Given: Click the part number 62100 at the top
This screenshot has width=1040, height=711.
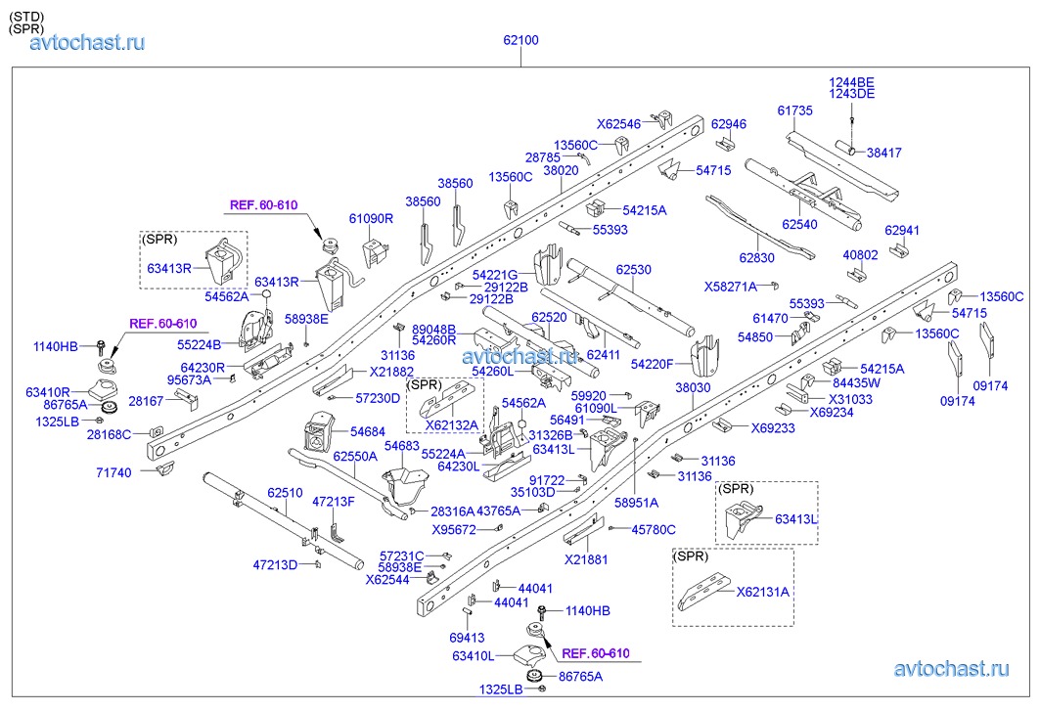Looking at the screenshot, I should (x=520, y=41).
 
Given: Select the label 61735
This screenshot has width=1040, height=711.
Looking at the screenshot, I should (x=795, y=111).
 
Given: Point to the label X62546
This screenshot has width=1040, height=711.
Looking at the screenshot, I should (x=619, y=124).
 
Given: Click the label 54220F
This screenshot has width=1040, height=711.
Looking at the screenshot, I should (x=653, y=364).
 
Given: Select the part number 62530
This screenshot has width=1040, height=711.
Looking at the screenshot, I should (x=633, y=268).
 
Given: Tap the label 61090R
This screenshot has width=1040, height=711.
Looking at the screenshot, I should (x=371, y=219).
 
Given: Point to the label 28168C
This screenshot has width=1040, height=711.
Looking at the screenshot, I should (x=109, y=434).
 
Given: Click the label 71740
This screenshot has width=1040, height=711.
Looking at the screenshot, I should (x=113, y=471).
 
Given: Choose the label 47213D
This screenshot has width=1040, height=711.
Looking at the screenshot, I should (x=275, y=565).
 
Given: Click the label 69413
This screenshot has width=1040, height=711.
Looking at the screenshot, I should (x=467, y=637).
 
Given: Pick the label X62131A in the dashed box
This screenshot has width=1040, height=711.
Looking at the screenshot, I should (x=762, y=592).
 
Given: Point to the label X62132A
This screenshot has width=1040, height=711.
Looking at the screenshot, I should (x=450, y=424).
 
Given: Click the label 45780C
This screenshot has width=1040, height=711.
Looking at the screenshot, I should (x=654, y=529).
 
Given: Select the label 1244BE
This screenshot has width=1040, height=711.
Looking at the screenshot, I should (x=852, y=82).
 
